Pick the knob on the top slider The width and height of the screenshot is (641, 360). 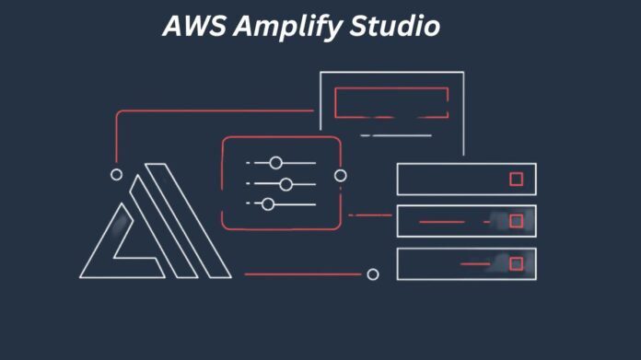pyautogui.click(x=274, y=163)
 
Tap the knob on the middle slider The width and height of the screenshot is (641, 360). pyautogui.click(x=286, y=184)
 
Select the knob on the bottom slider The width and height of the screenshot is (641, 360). pyautogui.click(x=268, y=203)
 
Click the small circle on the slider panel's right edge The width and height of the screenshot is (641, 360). pyautogui.click(x=341, y=175)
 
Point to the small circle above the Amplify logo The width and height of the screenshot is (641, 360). pyautogui.click(x=116, y=174)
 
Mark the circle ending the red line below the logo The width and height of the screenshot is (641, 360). pyautogui.click(x=373, y=273)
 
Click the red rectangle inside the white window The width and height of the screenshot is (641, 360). pyautogui.click(x=391, y=102)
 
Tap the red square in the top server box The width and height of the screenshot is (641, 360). pyautogui.click(x=516, y=179)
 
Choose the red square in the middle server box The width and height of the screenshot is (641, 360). pyautogui.click(x=516, y=221)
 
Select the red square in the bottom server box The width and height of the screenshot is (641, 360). pyautogui.click(x=516, y=263)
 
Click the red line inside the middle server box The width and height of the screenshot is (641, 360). pyautogui.click(x=442, y=222)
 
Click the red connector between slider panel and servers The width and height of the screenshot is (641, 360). pyautogui.click(x=373, y=215)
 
